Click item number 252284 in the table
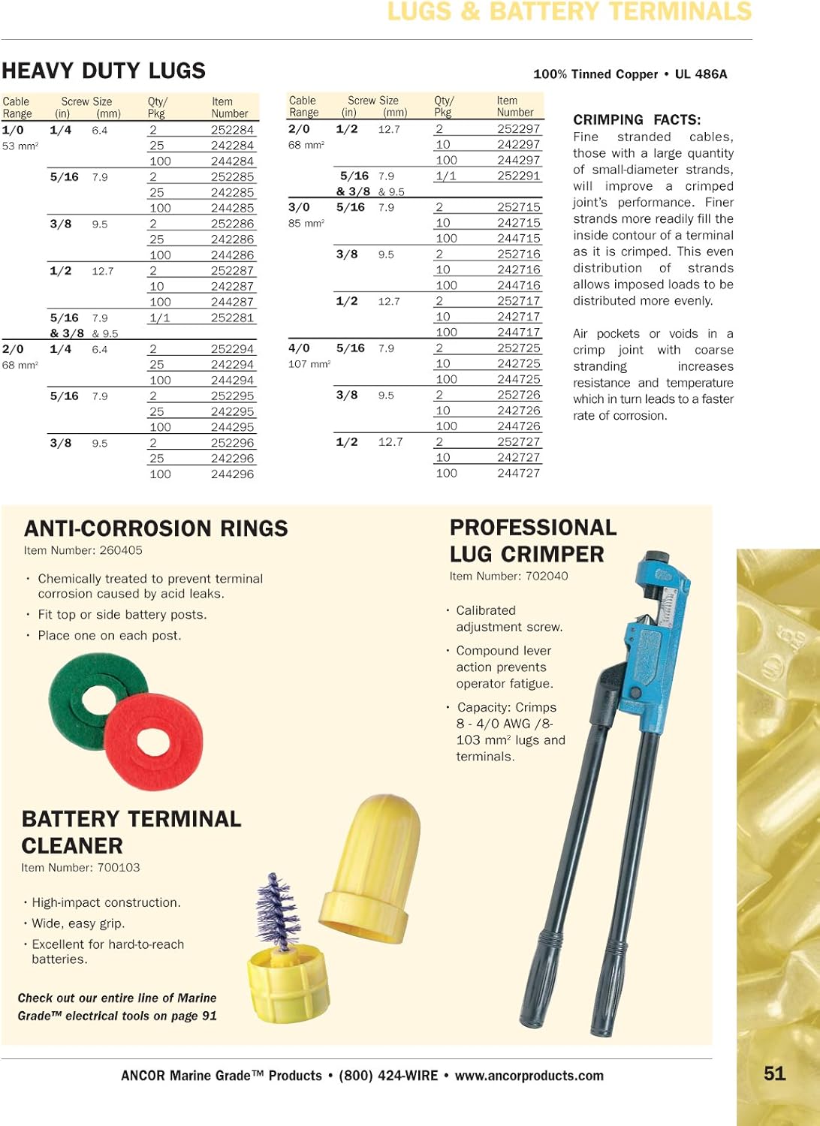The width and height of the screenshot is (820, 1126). (x=232, y=130)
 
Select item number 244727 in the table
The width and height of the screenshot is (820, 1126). (x=518, y=473)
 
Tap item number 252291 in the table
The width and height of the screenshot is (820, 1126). (x=518, y=176)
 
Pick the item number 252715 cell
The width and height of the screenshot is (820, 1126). (x=518, y=206)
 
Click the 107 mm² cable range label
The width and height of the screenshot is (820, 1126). (x=309, y=364)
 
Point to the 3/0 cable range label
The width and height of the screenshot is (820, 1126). (x=299, y=206)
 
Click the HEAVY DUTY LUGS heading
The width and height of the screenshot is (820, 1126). (x=104, y=71)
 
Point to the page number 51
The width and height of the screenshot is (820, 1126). (x=774, y=1073)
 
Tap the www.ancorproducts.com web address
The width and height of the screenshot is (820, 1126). (x=529, y=1076)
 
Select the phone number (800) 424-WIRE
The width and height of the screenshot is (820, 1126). (x=388, y=1076)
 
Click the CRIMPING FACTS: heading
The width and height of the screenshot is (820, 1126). (x=637, y=119)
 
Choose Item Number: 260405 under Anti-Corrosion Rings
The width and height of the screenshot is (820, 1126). (x=83, y=550)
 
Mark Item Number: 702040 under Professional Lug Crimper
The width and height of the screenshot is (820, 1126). (x=508, y=576)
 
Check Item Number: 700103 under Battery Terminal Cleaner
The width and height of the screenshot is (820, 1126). (x=80, y=867)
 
